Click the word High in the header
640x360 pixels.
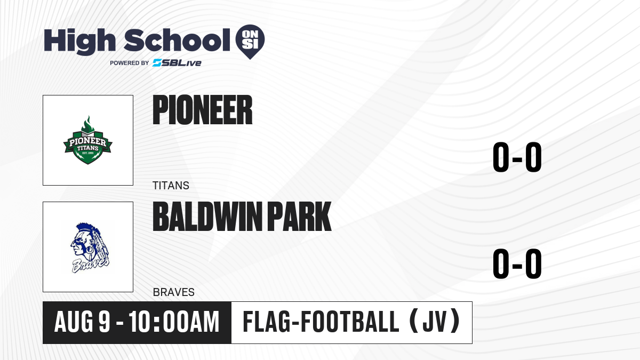pos(80,41)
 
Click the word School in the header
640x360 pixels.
pos(177,40)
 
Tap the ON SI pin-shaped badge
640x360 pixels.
pos(250,42)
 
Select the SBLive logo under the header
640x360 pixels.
pos(177,63)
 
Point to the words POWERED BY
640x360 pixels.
pos(130,63)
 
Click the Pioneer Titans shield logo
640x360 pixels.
pos(87,140)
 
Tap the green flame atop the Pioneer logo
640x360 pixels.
pos(87,124)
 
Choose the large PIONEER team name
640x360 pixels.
pos(203,110)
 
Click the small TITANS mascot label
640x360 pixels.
pos(171,186)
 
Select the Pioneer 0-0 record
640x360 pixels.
pos(517,157)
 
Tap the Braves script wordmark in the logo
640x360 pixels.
pos(90,266)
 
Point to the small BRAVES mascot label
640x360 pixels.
pos(174,292)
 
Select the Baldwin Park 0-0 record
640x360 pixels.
pos(517,263)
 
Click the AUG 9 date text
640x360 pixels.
pos(82,322)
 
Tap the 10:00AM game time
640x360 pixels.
pos(174,322)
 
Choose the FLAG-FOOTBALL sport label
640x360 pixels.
pos(321,322)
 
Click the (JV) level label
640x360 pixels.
pos(434,322)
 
